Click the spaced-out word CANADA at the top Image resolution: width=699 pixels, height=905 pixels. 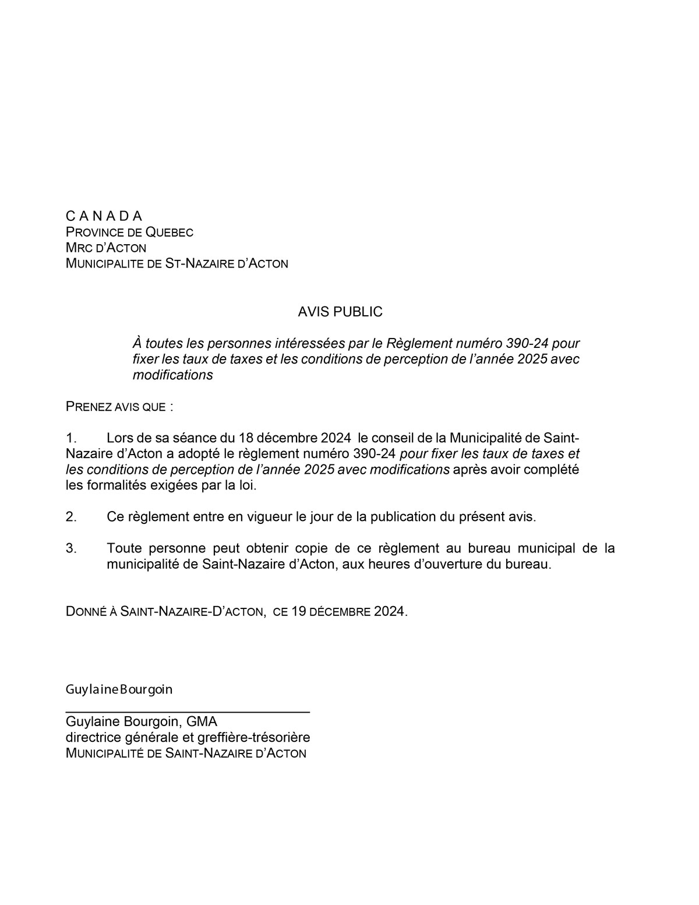point(104,216)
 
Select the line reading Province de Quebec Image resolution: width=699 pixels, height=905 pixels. point(129,232)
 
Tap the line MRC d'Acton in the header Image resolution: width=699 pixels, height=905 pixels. point(105,248)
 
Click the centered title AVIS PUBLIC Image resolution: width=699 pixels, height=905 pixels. point(340,312)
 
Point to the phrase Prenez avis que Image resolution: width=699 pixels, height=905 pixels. point(119,406)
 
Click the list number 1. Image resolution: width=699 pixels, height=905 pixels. point(71,438)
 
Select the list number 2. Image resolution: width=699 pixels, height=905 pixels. point(71,516)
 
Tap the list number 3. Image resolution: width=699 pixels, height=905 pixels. point(71,548)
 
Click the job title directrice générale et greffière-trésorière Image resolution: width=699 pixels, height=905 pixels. point(188,738)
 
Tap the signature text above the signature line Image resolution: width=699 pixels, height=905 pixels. point(119,689)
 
